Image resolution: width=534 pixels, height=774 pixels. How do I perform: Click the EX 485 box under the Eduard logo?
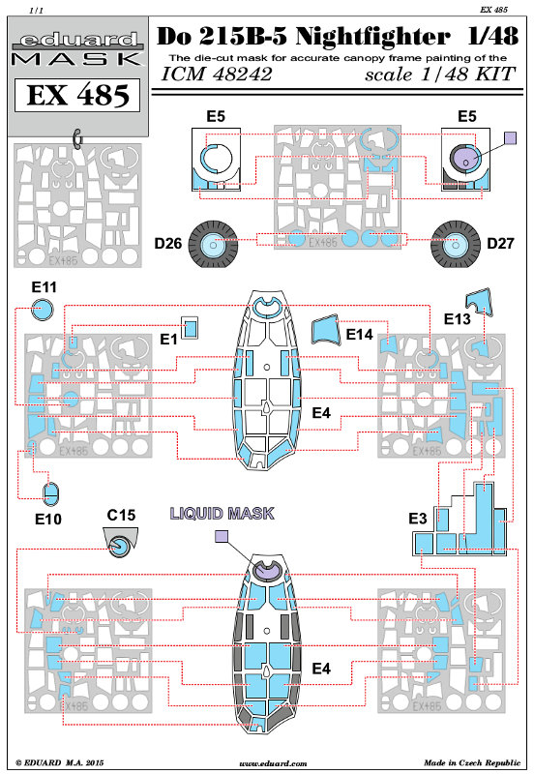[77, 94]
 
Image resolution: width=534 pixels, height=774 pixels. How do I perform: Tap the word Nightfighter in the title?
[372, 37]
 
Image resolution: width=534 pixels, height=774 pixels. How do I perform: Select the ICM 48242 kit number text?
[217, 74]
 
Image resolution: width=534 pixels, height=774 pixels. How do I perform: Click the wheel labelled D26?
[213, 245]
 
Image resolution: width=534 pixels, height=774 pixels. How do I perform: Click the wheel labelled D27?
[455, 245]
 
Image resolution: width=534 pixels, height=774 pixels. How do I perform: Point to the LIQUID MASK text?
[222, 514]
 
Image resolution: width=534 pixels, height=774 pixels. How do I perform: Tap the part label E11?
[44, 287]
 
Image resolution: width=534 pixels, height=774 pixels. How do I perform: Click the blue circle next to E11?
[42, 311]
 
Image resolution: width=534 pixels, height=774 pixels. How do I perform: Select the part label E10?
[47, 519]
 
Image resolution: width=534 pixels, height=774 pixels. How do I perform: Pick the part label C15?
[121, 515]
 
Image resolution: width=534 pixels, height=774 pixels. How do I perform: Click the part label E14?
[359, 335]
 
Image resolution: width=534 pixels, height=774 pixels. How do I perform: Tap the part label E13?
[457, 319]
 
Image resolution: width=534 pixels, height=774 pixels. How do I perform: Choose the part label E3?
[418, 519]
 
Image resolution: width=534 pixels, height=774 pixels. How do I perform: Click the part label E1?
[168, 340]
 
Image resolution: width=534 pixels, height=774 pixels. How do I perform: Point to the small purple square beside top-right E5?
[511, 137]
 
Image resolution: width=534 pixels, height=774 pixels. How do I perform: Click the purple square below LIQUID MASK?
[222, 536]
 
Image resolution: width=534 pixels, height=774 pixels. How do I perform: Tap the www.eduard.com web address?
[273, 763]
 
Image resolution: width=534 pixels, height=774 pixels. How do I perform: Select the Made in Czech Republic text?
[472, 762]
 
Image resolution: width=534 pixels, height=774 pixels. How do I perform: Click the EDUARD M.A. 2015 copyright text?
[60, 762]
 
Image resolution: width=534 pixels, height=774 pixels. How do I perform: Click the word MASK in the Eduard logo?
[77, 59]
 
